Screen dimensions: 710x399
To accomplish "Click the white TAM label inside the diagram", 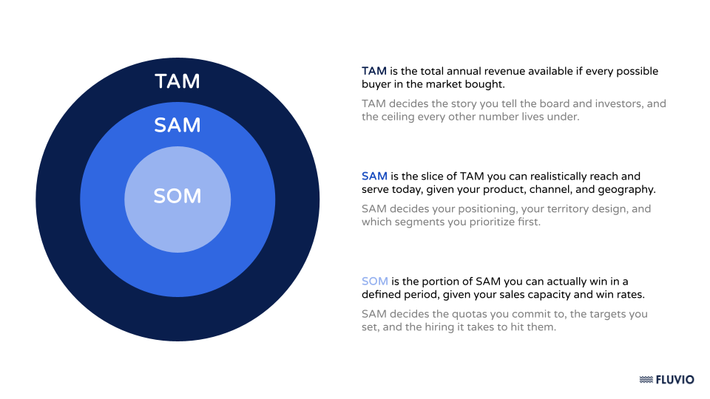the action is click(x=177, y=81).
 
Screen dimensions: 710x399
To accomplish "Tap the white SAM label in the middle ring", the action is click(x=177, y=126).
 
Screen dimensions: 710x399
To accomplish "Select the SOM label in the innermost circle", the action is click(x=177, y=197).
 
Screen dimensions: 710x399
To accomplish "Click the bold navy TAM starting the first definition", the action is click(x=374, y=71).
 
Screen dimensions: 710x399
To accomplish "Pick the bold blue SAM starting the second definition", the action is click(x=374, y=176).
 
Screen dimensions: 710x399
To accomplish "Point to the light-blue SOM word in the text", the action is click(x=375, y=281).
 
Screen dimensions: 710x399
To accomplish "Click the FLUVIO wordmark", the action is click(x=674, y=380).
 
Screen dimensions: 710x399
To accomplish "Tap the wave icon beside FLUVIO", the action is click(x=646, y=380).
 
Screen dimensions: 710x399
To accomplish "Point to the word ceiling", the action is click(x=398, y=117).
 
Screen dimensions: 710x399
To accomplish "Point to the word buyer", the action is click(x=375, y=84).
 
